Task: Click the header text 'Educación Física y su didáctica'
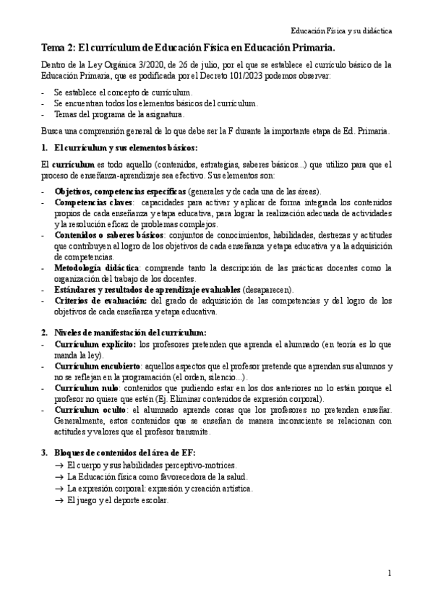pos(341,32)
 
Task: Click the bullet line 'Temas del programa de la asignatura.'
pos(119,114)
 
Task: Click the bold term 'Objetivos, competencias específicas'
pos(120,191)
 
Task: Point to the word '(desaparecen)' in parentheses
pos(267,289)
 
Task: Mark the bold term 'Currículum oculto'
pos(88,409)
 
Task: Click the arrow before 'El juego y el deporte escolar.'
pos(59,501)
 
